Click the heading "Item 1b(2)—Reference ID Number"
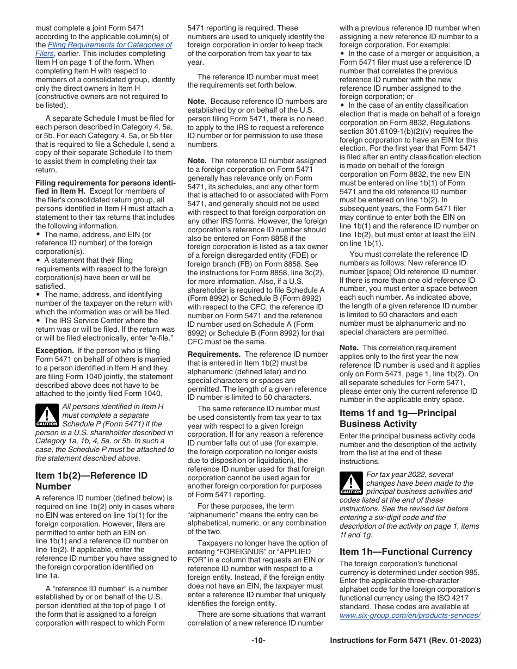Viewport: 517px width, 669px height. pyautogui.click(x=91, y=481)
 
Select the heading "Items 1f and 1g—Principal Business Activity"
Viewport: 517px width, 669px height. pyautogui.click(x=398, y=418)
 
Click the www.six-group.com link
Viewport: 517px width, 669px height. pyautogui.click(x=409, y=615)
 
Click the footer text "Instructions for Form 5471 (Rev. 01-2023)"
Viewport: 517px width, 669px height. pyautogui.click(x=405, y=640)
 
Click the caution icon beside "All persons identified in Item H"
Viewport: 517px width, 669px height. pyautogui.click(x=46, y=416)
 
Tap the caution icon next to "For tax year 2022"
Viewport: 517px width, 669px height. pyautogui.click(x=350, y=484)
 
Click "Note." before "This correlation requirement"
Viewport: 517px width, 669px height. pyautogui.click(x=349, y=348)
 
